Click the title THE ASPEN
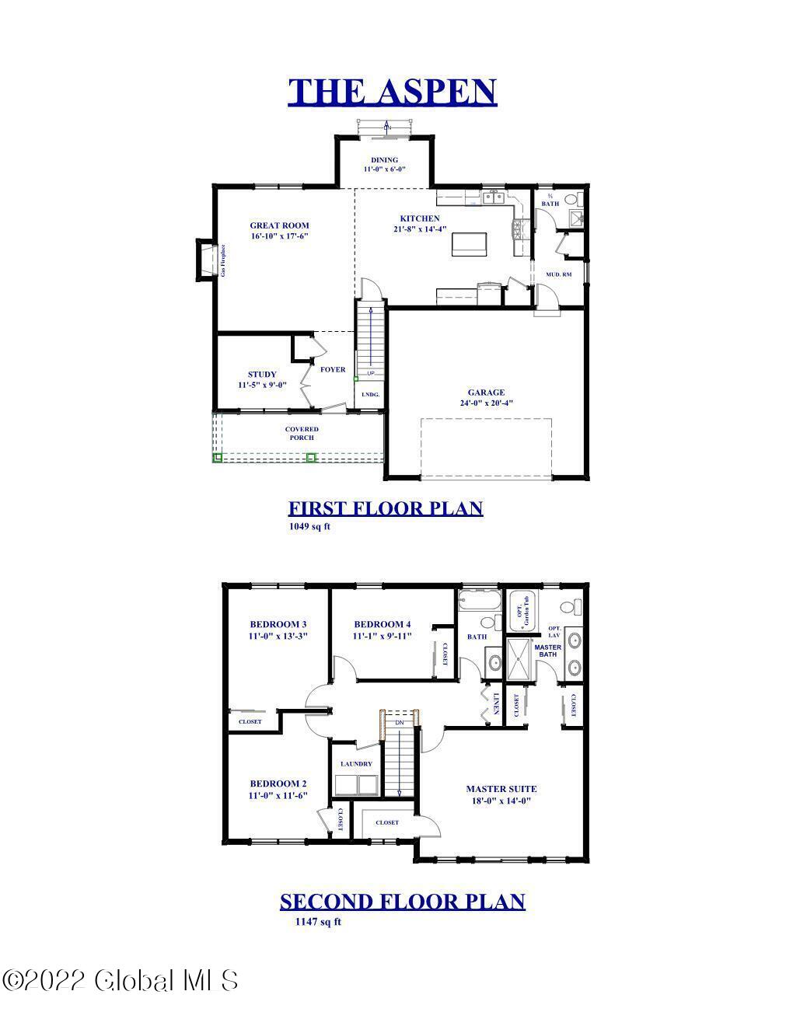[x=392, y=92]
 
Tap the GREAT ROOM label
[x=279, y=225]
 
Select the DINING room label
[x=384, y=160]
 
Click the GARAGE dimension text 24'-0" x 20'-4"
[x=486, y=403]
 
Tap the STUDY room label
[x=262, y=375]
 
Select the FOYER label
[x=333, y=369]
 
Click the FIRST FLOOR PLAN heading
[x=386, y=508]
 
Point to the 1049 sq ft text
[x=309, y=526]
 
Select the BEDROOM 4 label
[x=382, y=624]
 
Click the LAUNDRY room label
[x=356, y=764]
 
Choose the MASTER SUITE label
[x=501, y=789]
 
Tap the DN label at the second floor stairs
[x=400, y=723]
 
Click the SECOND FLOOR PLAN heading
[x=402, y=902]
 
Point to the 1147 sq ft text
[x=318, y=922]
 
